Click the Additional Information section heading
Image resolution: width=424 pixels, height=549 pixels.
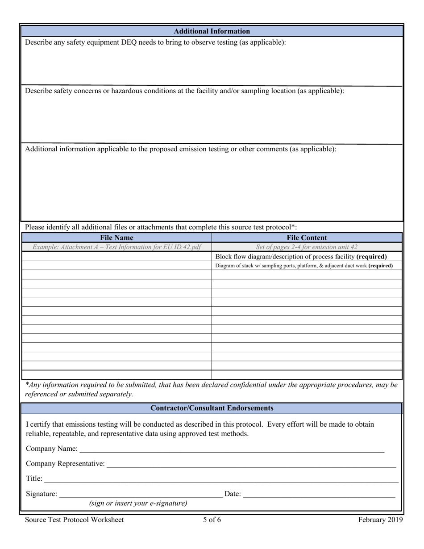coord(212,31)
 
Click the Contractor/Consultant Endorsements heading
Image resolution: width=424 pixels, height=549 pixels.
coord(212,408)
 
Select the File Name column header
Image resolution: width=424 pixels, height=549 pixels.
coord(116,238)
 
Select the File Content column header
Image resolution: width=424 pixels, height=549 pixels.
coord(307,238)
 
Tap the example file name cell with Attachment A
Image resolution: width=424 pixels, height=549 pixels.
coord(116,247)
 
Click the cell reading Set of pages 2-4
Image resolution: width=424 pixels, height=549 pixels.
coord(307,247)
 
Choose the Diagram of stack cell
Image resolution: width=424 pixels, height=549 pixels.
coord(304,266)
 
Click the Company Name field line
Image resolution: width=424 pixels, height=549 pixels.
coord(232,449)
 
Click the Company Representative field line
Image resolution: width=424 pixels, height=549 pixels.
coord(251,464)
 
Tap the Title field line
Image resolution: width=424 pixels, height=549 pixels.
coord(221,479)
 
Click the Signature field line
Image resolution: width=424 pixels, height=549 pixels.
coord(141,494)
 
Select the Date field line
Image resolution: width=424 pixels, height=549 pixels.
coord(319,494)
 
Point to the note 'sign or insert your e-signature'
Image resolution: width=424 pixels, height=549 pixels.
coord(138,503)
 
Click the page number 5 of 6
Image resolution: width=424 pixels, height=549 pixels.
coord(212,520)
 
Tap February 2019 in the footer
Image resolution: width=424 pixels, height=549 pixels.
coord(380,520)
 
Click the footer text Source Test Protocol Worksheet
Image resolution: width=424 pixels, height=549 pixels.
coord(75,520)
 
